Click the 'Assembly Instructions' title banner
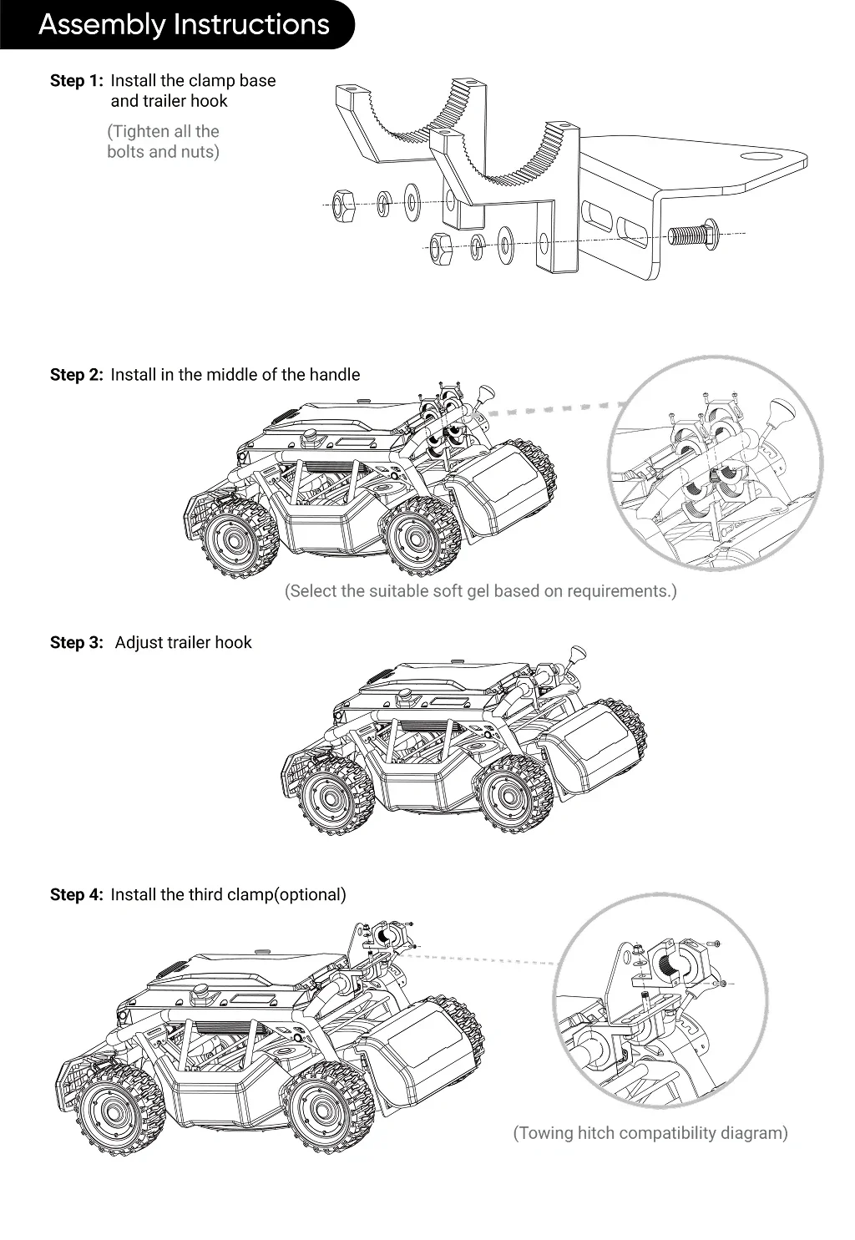pyautogui.click(x=184, y=24)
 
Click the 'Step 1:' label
pyautogui.click(x=77, y=81)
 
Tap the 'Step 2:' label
pyautogui.click(x=77, y=375)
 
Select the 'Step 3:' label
pyautogui.click(x=77, y=643)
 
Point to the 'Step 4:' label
pyautogui.click(x=77, y=895)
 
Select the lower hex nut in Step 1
pyautogui.click(x=440, y=246)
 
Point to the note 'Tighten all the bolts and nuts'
pyautogui.click(x=164, y=142)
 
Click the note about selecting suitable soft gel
pyautogui.click(x=480, y=591)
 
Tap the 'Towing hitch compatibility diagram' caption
pyautogui.click(x=650, y=1133)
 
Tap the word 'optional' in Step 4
pyautogui.click(x=310, y=895)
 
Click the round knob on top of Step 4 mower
pyautogui.click(x=201, y=992)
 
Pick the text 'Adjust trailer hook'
pyautogui.click(x=183, y=643)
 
